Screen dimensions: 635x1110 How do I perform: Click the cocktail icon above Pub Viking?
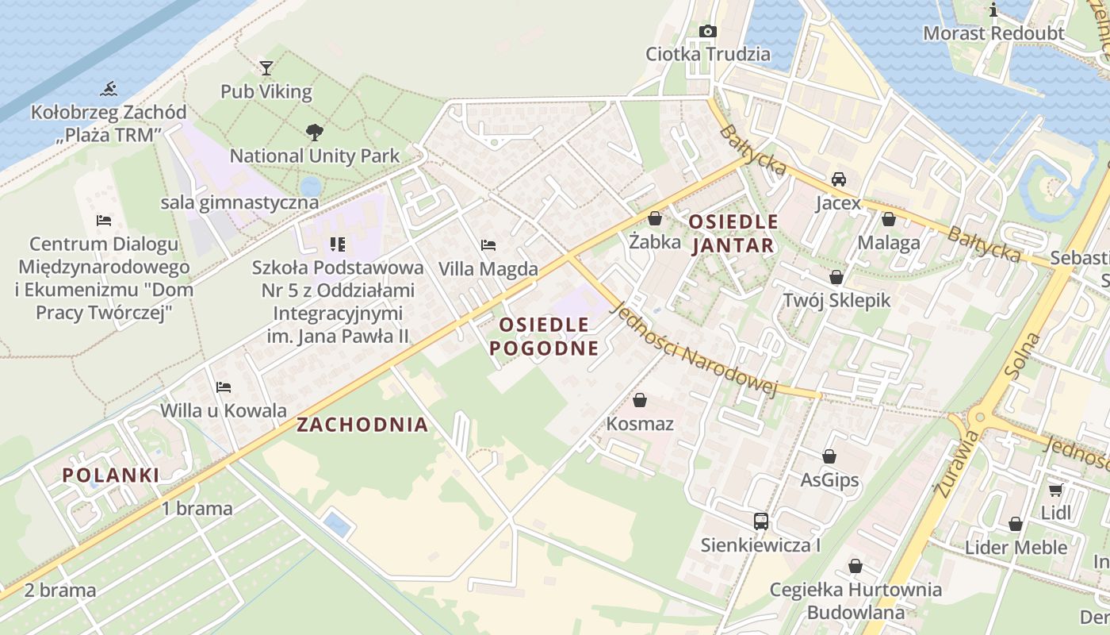266,68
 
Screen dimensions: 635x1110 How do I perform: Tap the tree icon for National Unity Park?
315,132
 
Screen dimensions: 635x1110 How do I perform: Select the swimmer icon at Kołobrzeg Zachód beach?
109,89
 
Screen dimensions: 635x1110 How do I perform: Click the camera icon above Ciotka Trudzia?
707,31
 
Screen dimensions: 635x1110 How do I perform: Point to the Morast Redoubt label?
993,33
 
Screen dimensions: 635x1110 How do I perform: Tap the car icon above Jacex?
838,179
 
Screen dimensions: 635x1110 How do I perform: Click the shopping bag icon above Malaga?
889,219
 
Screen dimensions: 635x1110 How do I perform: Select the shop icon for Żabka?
655,217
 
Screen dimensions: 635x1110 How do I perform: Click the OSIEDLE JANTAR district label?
733,233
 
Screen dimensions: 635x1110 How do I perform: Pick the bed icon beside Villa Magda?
488,245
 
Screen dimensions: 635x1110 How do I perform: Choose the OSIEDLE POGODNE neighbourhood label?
544,336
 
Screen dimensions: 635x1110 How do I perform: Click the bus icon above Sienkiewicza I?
760,521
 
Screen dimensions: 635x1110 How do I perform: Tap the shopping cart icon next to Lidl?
1055,490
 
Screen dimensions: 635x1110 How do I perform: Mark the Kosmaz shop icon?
640,400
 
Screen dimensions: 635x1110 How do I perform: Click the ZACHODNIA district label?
362,425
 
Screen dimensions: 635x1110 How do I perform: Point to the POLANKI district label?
111,475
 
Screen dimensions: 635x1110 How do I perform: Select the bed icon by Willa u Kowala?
224,387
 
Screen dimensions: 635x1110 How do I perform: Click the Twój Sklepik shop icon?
836,277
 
